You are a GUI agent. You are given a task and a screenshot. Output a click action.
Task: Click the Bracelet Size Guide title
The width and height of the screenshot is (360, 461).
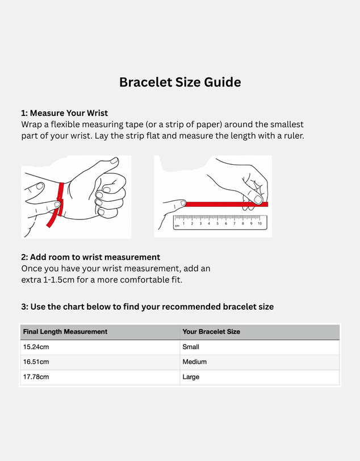pos(180,82)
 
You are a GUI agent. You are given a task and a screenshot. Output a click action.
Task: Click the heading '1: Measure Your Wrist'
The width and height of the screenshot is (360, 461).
pos(64,113)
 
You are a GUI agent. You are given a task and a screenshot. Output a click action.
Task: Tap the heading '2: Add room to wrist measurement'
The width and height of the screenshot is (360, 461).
pos(90,258)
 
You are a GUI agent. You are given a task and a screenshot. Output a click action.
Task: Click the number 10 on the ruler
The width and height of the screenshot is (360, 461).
pos(259,223)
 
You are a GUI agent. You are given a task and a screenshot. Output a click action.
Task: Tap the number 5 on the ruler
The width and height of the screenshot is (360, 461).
pos(217,223)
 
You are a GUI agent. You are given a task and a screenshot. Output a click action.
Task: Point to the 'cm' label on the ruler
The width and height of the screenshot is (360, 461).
pos(177,226)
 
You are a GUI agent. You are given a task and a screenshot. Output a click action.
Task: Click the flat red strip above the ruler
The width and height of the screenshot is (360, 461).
pos(225,204)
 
